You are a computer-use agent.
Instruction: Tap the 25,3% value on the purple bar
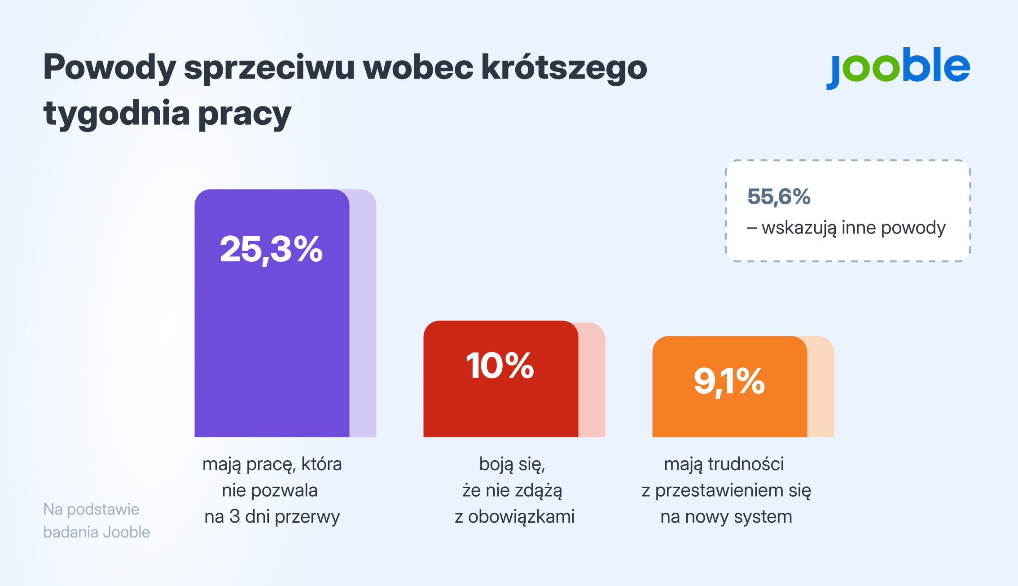[x=271, y=249]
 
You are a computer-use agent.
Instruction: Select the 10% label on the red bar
[x=500, y=365]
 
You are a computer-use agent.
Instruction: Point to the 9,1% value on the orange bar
[x=729, y=381]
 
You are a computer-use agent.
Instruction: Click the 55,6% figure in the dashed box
[x=779, y=197]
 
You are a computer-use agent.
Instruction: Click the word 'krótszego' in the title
[x=564, y=67]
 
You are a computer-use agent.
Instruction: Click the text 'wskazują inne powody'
[x=853, y=228]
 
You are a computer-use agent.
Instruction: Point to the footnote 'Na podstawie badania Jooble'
[x=96, y=520]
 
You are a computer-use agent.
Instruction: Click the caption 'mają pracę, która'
[x=272, y=464]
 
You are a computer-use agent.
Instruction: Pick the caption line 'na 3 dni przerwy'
[x=272, y=517]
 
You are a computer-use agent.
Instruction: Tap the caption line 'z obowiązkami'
[x=514, y=517]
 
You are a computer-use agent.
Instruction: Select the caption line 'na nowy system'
[x=726, y=517]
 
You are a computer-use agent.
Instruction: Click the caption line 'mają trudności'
[x=724, y=464]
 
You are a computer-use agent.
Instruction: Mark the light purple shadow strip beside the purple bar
[x=363, y=314]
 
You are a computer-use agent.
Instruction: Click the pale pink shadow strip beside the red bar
[x=592, y=382]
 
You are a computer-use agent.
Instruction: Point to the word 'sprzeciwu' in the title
[x=269, y=67]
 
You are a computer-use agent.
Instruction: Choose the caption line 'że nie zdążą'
[x=512, y=490]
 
